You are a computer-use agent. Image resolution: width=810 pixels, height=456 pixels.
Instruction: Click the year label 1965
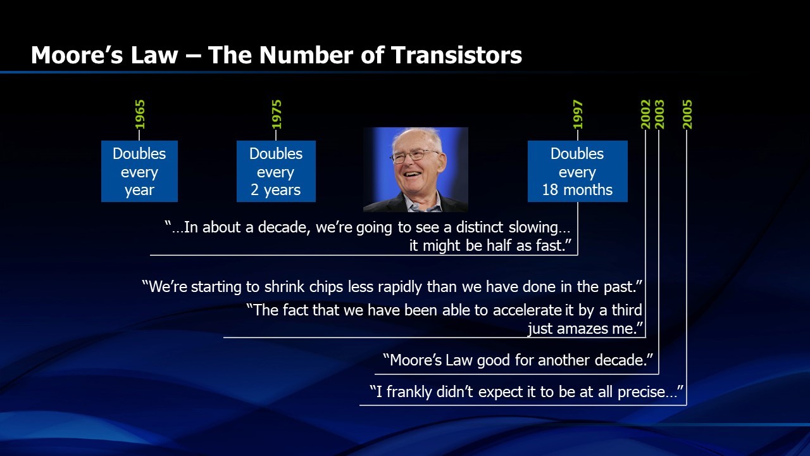[x=140, y=115]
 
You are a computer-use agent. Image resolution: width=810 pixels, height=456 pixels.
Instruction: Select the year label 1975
[x=277, y=115]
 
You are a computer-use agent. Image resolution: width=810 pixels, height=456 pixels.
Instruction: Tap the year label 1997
[x=578, y=115]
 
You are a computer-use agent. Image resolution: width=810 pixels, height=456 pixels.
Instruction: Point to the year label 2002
[x=645, y=115]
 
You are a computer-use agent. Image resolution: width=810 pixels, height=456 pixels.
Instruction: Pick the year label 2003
[x=659, y=115]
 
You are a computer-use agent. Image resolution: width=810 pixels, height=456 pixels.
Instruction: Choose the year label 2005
[x=687, y=115]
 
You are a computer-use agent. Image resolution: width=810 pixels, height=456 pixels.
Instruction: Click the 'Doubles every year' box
[x=139, y=171]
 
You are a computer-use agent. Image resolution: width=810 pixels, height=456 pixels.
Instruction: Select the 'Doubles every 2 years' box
[x=276, y=171]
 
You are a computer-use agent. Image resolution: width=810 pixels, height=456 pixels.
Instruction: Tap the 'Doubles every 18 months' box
[x=578, y=171]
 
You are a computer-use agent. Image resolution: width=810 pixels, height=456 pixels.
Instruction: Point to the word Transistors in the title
[x=457, y=55]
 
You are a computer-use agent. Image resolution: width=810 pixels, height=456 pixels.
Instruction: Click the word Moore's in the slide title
[x=77, y=55]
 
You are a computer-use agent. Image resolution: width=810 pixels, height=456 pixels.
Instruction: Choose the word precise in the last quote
[x=642, y=392]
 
